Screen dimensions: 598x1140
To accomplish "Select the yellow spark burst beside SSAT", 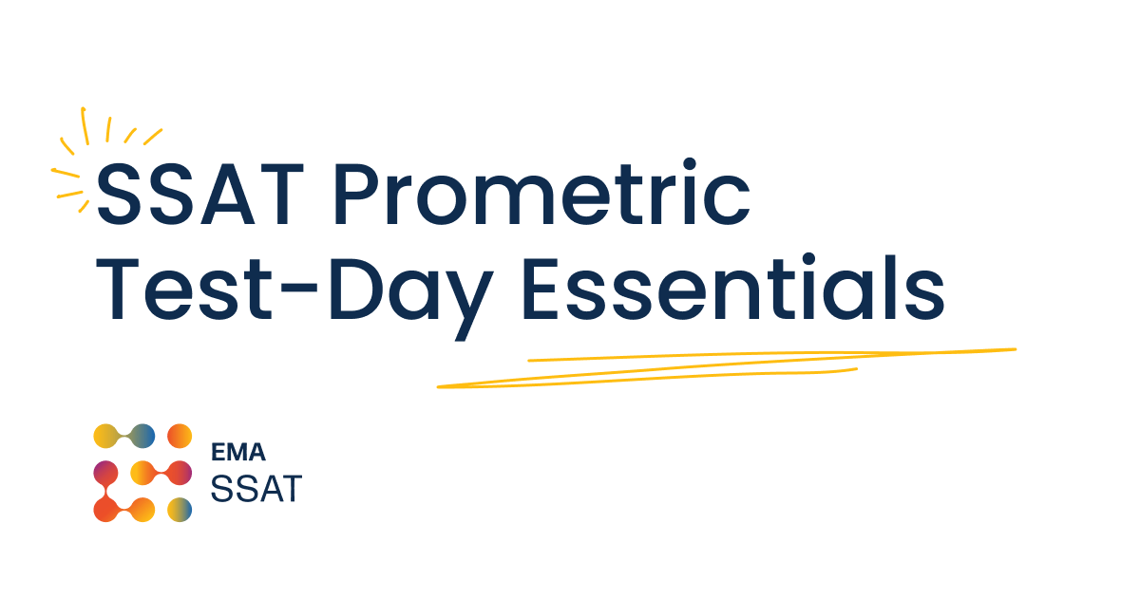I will pos(90,157).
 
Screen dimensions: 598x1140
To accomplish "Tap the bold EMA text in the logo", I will pos(237,455).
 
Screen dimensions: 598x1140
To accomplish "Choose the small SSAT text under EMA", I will pos(255,489).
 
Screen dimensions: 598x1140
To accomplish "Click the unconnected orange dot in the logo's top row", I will pos(179,436).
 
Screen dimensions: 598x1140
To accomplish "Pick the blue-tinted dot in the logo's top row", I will pos(142,436).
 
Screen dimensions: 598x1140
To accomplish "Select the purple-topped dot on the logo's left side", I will pos(105,473).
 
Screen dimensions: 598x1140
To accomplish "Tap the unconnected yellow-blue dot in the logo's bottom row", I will pos(179,510).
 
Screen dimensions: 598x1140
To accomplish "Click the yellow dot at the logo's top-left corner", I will pos(105,436).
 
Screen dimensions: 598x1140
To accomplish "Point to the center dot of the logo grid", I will pos(142,473).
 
